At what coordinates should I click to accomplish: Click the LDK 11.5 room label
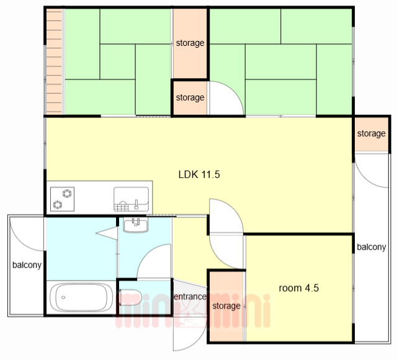click(x=199, y=175)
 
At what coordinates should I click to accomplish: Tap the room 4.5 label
click(x=299, y=288)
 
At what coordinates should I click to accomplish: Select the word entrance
click(x=190, y=297)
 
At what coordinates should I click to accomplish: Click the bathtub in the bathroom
click(x=81, y=297)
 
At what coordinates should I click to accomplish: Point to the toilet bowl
click(x=130, y=297)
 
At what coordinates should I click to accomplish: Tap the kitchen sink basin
click(x=131, y=199)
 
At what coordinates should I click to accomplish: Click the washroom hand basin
click(x=136, y=226)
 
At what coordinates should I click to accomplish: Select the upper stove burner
click(x=67, y=193)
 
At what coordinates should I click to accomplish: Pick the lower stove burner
click(x=58, y=204)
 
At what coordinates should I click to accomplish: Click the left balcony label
click(x=27, y=265)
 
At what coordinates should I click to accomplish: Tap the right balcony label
click(x=372, y=247)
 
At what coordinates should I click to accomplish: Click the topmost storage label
click(x=190, y=43)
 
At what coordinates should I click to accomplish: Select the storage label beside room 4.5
click(x=226, y=306)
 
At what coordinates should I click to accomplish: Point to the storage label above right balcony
click(x=372, y=133)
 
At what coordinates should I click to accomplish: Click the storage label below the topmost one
click(x=190, y=97)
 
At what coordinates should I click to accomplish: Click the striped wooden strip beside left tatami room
click(x=54, y=61)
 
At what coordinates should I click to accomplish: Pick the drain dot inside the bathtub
click(x=63, y=297)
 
